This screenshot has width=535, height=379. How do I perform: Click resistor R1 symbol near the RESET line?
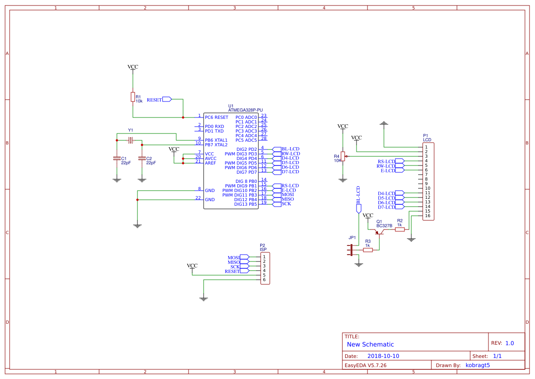point(133,97)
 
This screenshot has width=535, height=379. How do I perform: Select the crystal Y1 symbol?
point(130,140)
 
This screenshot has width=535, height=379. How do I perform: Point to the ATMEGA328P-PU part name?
point(246,110)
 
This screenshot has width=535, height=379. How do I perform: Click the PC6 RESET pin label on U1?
point(216,117)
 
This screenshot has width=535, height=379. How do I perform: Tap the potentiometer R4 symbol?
point(343,157)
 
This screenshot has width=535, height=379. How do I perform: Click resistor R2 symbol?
point(400,230)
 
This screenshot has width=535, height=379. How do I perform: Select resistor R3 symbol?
point(368,250)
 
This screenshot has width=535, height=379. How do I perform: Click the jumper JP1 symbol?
point(351,250)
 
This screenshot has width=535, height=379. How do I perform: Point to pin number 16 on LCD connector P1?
point(428,216)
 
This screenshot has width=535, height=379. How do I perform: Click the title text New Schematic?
point(370,345)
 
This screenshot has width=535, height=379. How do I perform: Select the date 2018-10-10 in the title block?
point(383,356)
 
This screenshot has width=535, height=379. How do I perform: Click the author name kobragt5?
point(477,365)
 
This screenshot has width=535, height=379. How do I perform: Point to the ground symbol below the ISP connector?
point(204,299)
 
